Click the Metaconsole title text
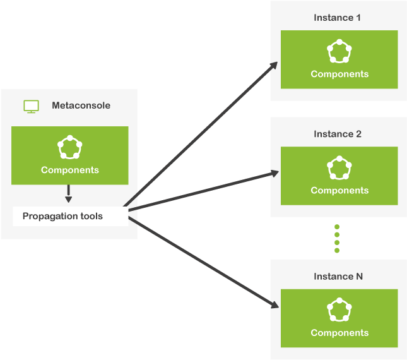coord(81,105)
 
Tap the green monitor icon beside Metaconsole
coord(31,106)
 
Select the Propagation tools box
coord(70,216)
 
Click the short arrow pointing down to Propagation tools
coord(69,193)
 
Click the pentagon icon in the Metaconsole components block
coord(69,147)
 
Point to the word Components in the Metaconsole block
coord(69,170)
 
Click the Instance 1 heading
coord(337,18)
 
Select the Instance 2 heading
coord(337,134)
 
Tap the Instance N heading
coord(338,277)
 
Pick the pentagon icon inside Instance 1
coord(339,52)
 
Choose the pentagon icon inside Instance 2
coord(339,168)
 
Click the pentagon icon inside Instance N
coord(339,311)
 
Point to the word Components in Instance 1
coord(339,74)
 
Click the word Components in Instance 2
coord(339,190)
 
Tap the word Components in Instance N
coord(339,333)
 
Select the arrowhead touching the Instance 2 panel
coord(274,172)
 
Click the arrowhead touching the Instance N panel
coord(274,306)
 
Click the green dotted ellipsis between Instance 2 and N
coord(337,238)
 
